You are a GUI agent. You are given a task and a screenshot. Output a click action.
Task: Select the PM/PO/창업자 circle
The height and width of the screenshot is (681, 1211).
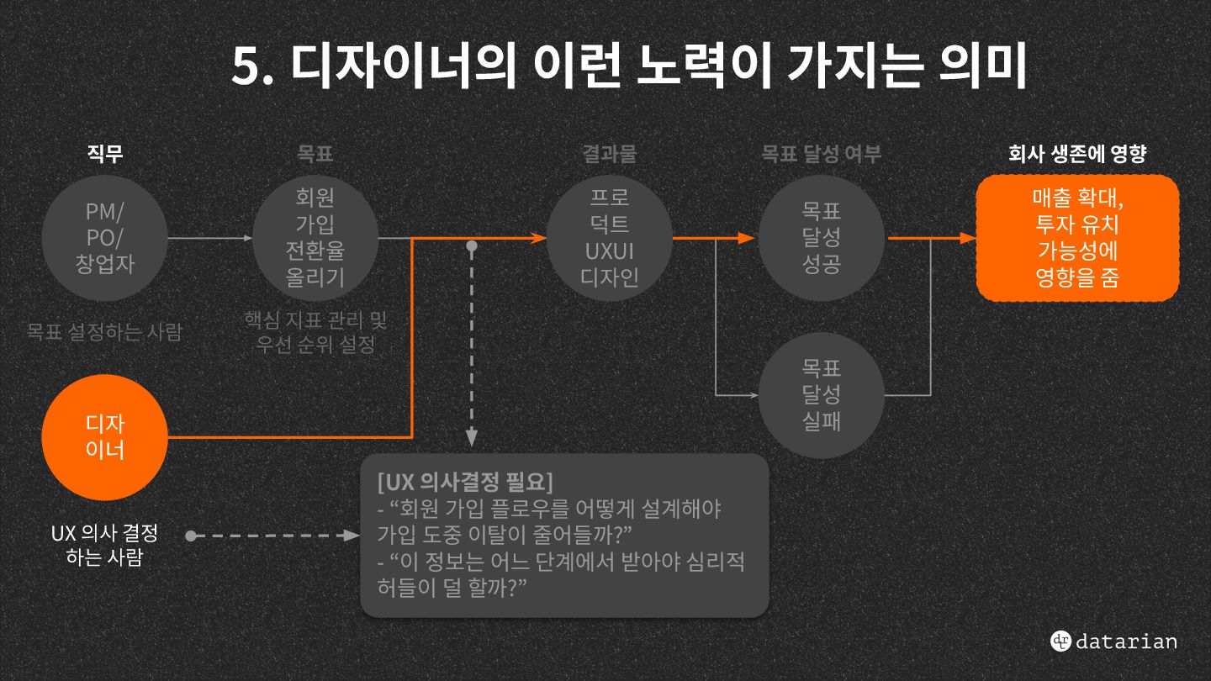(105, 238)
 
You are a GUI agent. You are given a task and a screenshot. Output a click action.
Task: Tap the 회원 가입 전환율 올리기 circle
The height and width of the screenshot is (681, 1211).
(315, 238)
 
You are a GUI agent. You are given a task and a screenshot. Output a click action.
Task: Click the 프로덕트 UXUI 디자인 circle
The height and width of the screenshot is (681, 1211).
(610, 238)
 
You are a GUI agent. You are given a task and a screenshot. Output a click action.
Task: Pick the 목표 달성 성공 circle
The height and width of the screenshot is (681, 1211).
(822, 238)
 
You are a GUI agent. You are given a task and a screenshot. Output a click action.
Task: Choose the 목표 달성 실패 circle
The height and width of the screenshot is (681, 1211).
(822, 394)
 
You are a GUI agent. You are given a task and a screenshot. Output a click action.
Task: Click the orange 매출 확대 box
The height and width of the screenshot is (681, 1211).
(1077, 238)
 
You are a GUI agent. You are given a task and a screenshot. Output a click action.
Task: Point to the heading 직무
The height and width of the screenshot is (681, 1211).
(105, 154)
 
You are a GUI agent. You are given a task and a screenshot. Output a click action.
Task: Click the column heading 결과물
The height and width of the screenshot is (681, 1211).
(610, 154)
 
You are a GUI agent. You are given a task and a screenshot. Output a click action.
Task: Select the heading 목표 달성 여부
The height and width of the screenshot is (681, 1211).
(822, 154)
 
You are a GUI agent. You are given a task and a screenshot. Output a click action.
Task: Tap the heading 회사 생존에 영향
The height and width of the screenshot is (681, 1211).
(1077, 154)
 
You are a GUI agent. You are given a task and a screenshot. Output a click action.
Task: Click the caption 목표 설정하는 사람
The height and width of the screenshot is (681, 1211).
(104, 331)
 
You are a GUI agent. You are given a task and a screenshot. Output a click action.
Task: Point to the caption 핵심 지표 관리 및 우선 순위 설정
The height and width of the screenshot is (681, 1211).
(315, 332)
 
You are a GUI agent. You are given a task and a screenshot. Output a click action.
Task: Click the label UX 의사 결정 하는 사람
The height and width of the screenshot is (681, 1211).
(104, 545)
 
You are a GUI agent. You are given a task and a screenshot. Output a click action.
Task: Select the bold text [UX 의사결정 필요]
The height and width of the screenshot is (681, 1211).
(466, 483)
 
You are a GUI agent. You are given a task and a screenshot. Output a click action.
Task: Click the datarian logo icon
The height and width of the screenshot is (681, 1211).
(1060, 641)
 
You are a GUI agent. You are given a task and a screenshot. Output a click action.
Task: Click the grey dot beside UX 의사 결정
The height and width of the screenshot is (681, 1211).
(191, 536)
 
